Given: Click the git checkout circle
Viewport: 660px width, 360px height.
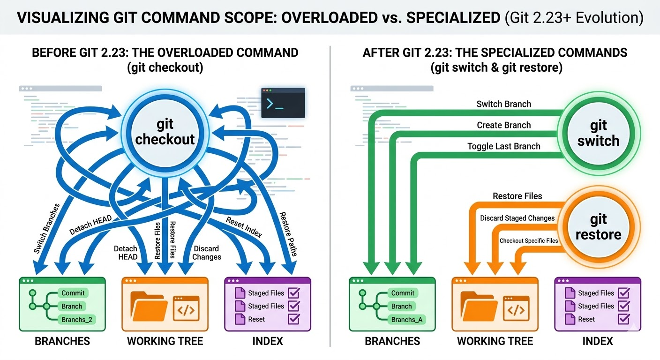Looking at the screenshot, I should (x=165, y=132).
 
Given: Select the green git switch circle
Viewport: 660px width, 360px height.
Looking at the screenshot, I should (x=598, y=133).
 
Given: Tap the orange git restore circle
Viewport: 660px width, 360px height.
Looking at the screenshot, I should (x=598, y=227).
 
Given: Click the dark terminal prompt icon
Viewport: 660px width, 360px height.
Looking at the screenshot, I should (x=283, y=103).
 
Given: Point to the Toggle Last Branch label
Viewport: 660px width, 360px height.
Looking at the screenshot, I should (x=503, y=146).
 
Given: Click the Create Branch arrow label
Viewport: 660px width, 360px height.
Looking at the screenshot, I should (x=503, y=125).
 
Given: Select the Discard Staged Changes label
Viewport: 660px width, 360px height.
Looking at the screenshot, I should (x=517, y=218).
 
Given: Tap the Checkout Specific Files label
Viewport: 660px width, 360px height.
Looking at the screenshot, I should (x=528, y=240).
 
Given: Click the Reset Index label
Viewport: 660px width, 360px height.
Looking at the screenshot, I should (x=244, y=227).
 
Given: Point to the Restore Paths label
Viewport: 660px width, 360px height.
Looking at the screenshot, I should (x=288, y=234).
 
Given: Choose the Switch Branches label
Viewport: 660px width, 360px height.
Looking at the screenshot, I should (x=47, y=228).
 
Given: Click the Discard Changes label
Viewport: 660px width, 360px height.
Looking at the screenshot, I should (x=206, y=253).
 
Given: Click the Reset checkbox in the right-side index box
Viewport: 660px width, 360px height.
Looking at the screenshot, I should (x=623, y=319).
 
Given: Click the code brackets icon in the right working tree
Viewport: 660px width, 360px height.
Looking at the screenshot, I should (x=516, y=308).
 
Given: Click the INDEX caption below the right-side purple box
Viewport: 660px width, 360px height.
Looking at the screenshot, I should (x=598, y=341).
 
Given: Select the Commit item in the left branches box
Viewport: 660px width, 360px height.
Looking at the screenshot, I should (x=73, y=293).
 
